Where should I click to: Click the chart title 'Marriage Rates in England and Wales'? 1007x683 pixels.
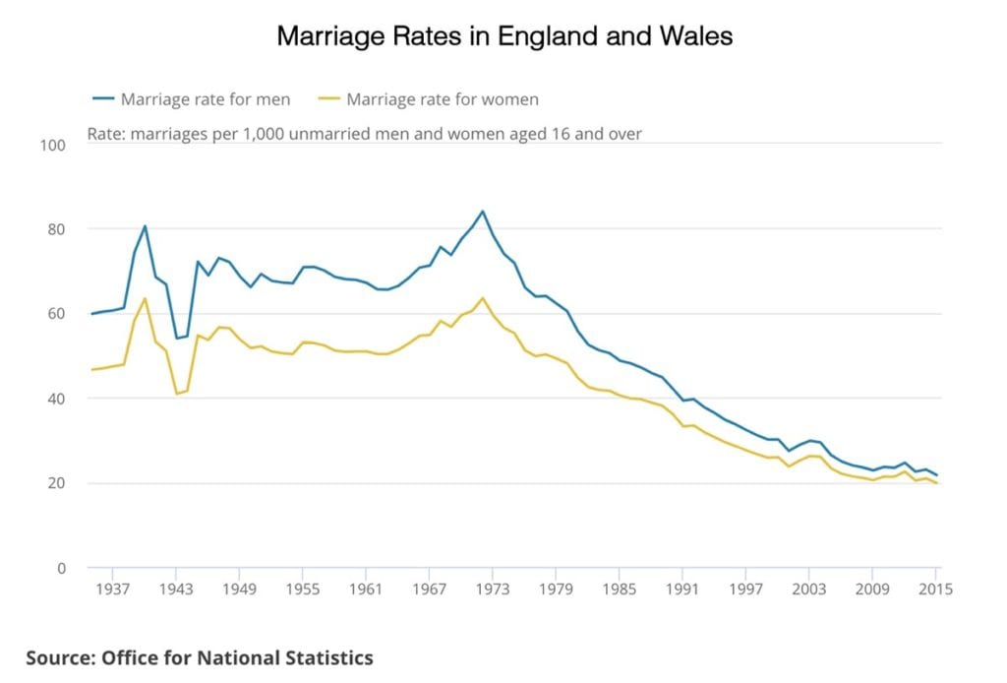point(503,36)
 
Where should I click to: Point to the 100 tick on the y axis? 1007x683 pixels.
point(51,145)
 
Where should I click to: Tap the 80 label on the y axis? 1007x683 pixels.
point(55,229)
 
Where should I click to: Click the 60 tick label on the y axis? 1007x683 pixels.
point(55,314)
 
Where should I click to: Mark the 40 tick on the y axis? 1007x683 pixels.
point(55,399)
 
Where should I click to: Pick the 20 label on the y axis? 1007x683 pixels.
point(55,483)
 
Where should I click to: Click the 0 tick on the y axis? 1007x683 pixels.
point(59,568)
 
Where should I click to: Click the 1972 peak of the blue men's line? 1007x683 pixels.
point(482,211)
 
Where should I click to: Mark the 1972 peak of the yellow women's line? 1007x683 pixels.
point(482,298)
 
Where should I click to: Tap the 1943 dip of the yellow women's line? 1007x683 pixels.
point(176,394)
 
